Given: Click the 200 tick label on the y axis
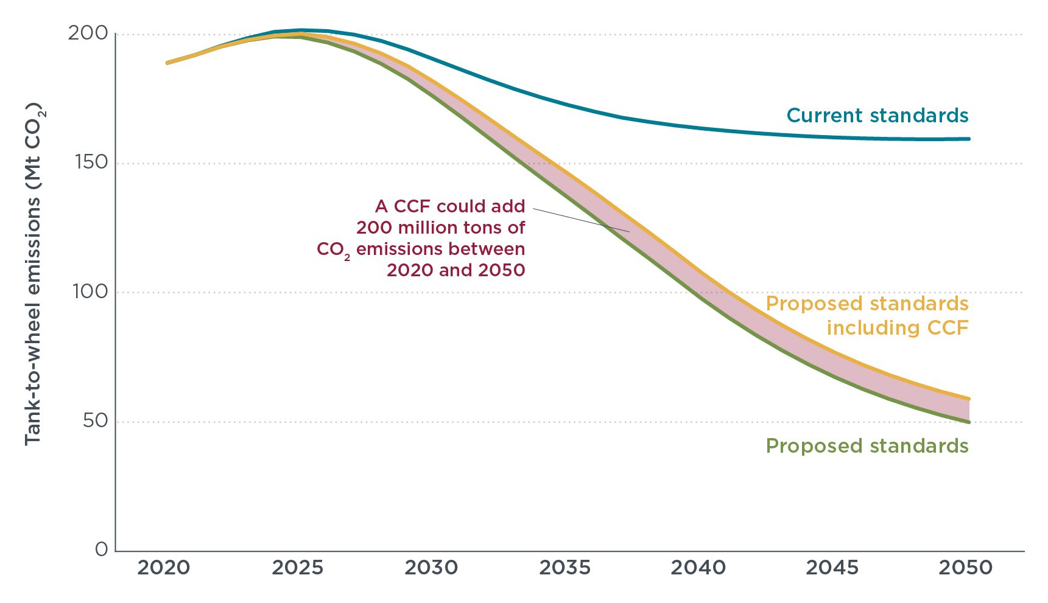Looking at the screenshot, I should click(87, 33).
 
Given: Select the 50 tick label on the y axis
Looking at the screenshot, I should click(95, 420).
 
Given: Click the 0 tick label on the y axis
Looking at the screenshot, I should click(102, 549).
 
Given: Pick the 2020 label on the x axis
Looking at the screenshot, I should click(163, 568).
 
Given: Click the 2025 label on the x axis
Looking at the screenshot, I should click(297, 568).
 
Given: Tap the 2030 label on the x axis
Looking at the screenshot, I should click(431, 568).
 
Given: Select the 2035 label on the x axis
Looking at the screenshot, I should click(565, 568).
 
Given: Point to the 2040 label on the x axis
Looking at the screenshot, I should click(698, 568).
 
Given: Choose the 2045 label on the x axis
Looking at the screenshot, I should click(832, 568).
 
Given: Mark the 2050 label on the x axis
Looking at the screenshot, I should click(966, 568).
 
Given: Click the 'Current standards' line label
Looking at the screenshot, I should click(877, 115).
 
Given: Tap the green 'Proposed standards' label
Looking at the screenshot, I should click(867, 446).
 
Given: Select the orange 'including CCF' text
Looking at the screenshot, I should click(897, 328).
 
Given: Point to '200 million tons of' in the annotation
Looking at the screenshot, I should click(440, 228).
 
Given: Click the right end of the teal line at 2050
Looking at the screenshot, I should click(968, 139).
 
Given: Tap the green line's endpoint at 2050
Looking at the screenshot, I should click(968, 422).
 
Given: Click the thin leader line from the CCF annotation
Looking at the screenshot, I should click(582, 220).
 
